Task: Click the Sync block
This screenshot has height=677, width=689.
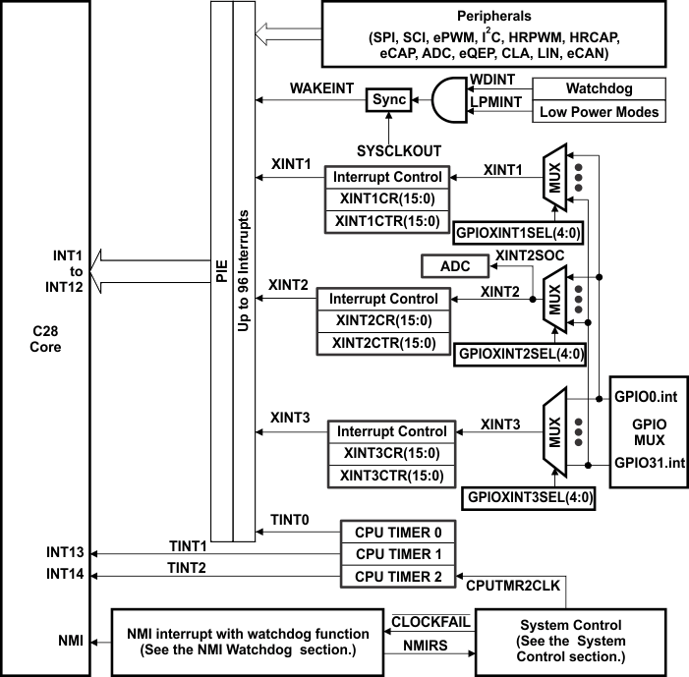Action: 388,100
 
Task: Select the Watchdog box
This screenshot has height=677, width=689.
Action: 598,88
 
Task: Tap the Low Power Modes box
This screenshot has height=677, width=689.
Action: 598,111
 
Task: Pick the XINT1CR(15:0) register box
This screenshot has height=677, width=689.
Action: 388,199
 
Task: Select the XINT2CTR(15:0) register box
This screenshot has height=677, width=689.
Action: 383,342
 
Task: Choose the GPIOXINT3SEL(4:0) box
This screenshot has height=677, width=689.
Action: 530,497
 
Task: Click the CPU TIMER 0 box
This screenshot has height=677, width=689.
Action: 397,533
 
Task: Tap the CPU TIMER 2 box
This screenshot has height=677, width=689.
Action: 397,576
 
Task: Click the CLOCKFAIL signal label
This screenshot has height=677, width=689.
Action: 430,622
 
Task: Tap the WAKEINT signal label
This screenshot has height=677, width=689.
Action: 319,88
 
